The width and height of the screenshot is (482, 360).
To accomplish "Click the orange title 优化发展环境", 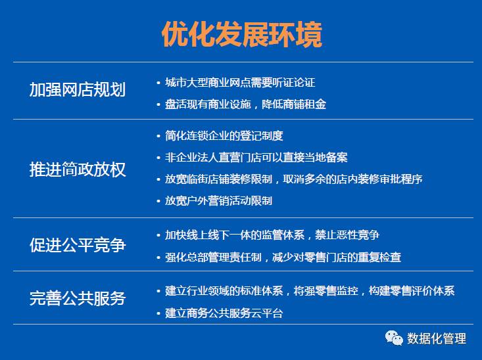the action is pos(242,34).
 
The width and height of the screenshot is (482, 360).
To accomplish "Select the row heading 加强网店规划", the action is pos(78,90).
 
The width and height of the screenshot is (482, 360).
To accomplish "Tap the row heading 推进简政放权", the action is pos(78,169).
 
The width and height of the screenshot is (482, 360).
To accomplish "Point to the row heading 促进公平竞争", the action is pos(78,245).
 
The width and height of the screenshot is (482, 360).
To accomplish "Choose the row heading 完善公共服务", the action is pos(78,298).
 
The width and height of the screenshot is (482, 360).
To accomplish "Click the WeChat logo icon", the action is pos(394,338).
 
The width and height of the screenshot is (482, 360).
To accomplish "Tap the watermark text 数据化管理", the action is pos(437,338).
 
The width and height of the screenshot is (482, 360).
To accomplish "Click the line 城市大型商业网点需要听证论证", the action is pos(240,82).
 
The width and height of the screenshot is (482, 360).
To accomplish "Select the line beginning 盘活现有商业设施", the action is pos(245,104).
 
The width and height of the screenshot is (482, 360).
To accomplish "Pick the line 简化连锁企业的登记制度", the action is pos(224,135).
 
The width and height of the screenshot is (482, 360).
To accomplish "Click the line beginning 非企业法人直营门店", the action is pos(256,157).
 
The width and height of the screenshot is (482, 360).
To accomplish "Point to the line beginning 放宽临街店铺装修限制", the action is pos(293,179).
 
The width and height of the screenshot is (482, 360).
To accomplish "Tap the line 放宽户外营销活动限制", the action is pos(218,201).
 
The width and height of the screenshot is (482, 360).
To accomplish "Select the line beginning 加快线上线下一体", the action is pos(272,235).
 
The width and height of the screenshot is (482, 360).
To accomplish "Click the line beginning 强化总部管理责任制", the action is pos(283,257).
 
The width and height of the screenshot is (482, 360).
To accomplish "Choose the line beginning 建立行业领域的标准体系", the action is pos(310,290).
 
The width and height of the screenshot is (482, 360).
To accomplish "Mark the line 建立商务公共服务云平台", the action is pos(224,313).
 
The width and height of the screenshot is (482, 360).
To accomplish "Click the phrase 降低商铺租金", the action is pos(293,104).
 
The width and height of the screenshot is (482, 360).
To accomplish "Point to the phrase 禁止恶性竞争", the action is pos(347,235).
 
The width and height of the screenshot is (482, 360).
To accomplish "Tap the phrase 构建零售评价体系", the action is pos(411,290).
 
